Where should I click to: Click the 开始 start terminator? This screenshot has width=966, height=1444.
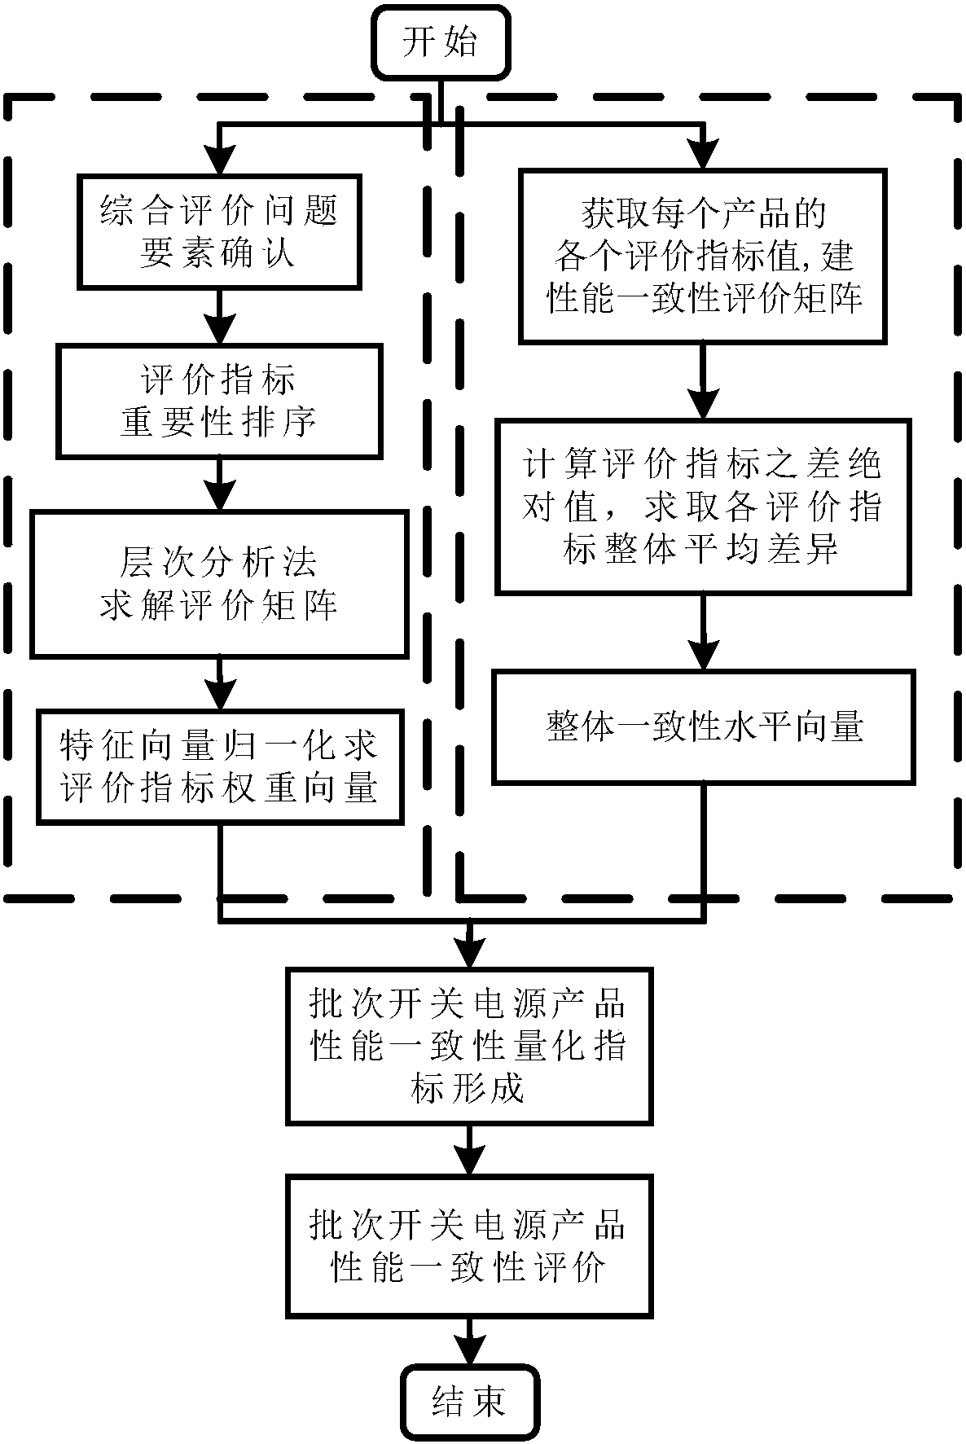[440, 42]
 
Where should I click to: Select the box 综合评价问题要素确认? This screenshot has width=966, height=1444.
[219, 232]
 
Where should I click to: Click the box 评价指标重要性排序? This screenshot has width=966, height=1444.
[219, 401]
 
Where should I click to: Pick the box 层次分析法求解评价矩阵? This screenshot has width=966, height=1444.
[219, 584]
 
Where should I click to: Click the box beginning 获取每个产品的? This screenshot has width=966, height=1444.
[703, 256]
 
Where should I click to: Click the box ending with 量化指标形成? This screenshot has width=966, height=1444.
[469, 1046]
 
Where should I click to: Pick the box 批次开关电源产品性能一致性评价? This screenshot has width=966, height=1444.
[469, 1244]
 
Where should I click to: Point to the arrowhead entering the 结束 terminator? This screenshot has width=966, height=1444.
[470, 1350]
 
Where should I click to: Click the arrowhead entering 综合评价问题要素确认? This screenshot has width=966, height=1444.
[219, 158]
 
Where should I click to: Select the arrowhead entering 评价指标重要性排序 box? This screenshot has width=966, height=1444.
[219, 328]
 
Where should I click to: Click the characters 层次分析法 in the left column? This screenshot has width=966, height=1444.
[219, 562]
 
